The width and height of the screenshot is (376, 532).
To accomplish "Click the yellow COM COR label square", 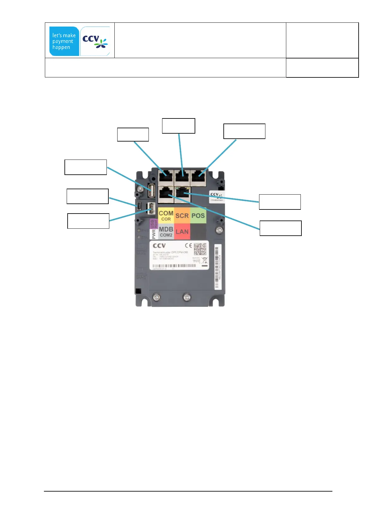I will coord(166,215).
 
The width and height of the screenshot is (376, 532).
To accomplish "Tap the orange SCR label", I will coord(182,215).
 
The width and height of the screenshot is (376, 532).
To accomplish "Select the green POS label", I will coord(198,215).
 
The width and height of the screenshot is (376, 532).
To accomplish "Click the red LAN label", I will coord(182,232).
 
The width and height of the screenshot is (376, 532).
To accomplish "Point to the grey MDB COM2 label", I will coord(166,232).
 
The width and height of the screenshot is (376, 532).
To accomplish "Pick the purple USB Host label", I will coord(154,224).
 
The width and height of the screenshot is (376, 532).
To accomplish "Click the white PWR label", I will coord(154,234).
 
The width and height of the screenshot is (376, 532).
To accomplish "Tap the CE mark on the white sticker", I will coord(188,245).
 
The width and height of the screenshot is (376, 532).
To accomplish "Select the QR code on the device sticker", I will coord(200,249).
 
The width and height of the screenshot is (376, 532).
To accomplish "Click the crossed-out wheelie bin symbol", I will coord(204,261).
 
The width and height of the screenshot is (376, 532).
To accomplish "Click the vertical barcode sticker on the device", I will coord(218,266).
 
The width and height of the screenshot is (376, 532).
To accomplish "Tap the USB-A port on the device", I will coord(151,190).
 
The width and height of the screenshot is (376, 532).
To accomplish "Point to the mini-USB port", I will coord(139,206).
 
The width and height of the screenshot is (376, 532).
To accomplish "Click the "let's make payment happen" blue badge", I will coord(64,41).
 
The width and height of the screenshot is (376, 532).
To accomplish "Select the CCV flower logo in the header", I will coord(95,41).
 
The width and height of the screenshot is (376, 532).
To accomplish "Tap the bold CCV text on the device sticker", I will coord(159,245).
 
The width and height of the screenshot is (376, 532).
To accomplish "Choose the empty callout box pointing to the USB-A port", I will coord(86,167).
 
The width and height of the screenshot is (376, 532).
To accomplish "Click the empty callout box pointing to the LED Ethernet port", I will coord(280,202).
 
